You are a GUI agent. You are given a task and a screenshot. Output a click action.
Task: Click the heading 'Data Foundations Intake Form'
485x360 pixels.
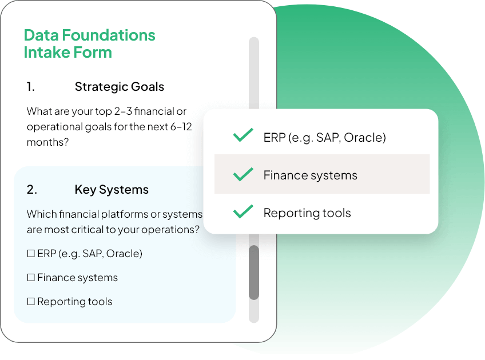pos(89,43)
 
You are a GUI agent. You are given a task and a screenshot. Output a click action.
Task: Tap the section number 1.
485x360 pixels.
pos(30,87)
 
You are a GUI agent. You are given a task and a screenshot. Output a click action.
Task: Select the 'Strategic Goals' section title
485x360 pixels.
pos(119,87)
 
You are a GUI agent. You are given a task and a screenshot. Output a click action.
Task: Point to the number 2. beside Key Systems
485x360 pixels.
pos(31,190)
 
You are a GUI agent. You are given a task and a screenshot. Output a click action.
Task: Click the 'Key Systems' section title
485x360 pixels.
pos(111,190)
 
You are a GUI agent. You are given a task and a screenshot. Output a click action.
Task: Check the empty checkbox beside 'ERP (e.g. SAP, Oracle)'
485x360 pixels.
pos(31,254)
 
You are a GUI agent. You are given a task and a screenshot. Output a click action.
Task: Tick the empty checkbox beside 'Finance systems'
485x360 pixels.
pos(31,278)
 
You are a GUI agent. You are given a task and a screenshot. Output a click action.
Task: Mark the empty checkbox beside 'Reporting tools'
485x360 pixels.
pos(31,302)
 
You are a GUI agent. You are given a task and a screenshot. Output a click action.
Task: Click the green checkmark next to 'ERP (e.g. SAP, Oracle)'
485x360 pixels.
pos(243,137)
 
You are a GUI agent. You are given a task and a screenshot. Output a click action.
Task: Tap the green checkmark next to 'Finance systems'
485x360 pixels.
pos(243,174)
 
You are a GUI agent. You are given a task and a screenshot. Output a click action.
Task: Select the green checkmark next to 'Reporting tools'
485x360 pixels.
pos(243,212)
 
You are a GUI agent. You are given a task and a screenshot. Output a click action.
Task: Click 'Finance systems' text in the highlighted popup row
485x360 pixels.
pos(310,175)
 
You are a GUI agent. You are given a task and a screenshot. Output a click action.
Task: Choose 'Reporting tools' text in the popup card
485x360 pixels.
pos(307,213)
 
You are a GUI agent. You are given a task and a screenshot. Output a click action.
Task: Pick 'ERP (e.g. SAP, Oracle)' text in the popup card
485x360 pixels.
pos(324,138)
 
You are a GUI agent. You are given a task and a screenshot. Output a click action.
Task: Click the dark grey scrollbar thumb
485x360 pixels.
pos(254,272)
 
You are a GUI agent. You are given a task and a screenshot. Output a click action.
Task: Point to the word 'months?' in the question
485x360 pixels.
pos(47,142)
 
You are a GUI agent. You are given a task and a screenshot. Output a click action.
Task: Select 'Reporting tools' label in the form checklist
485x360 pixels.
pos(74,302)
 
